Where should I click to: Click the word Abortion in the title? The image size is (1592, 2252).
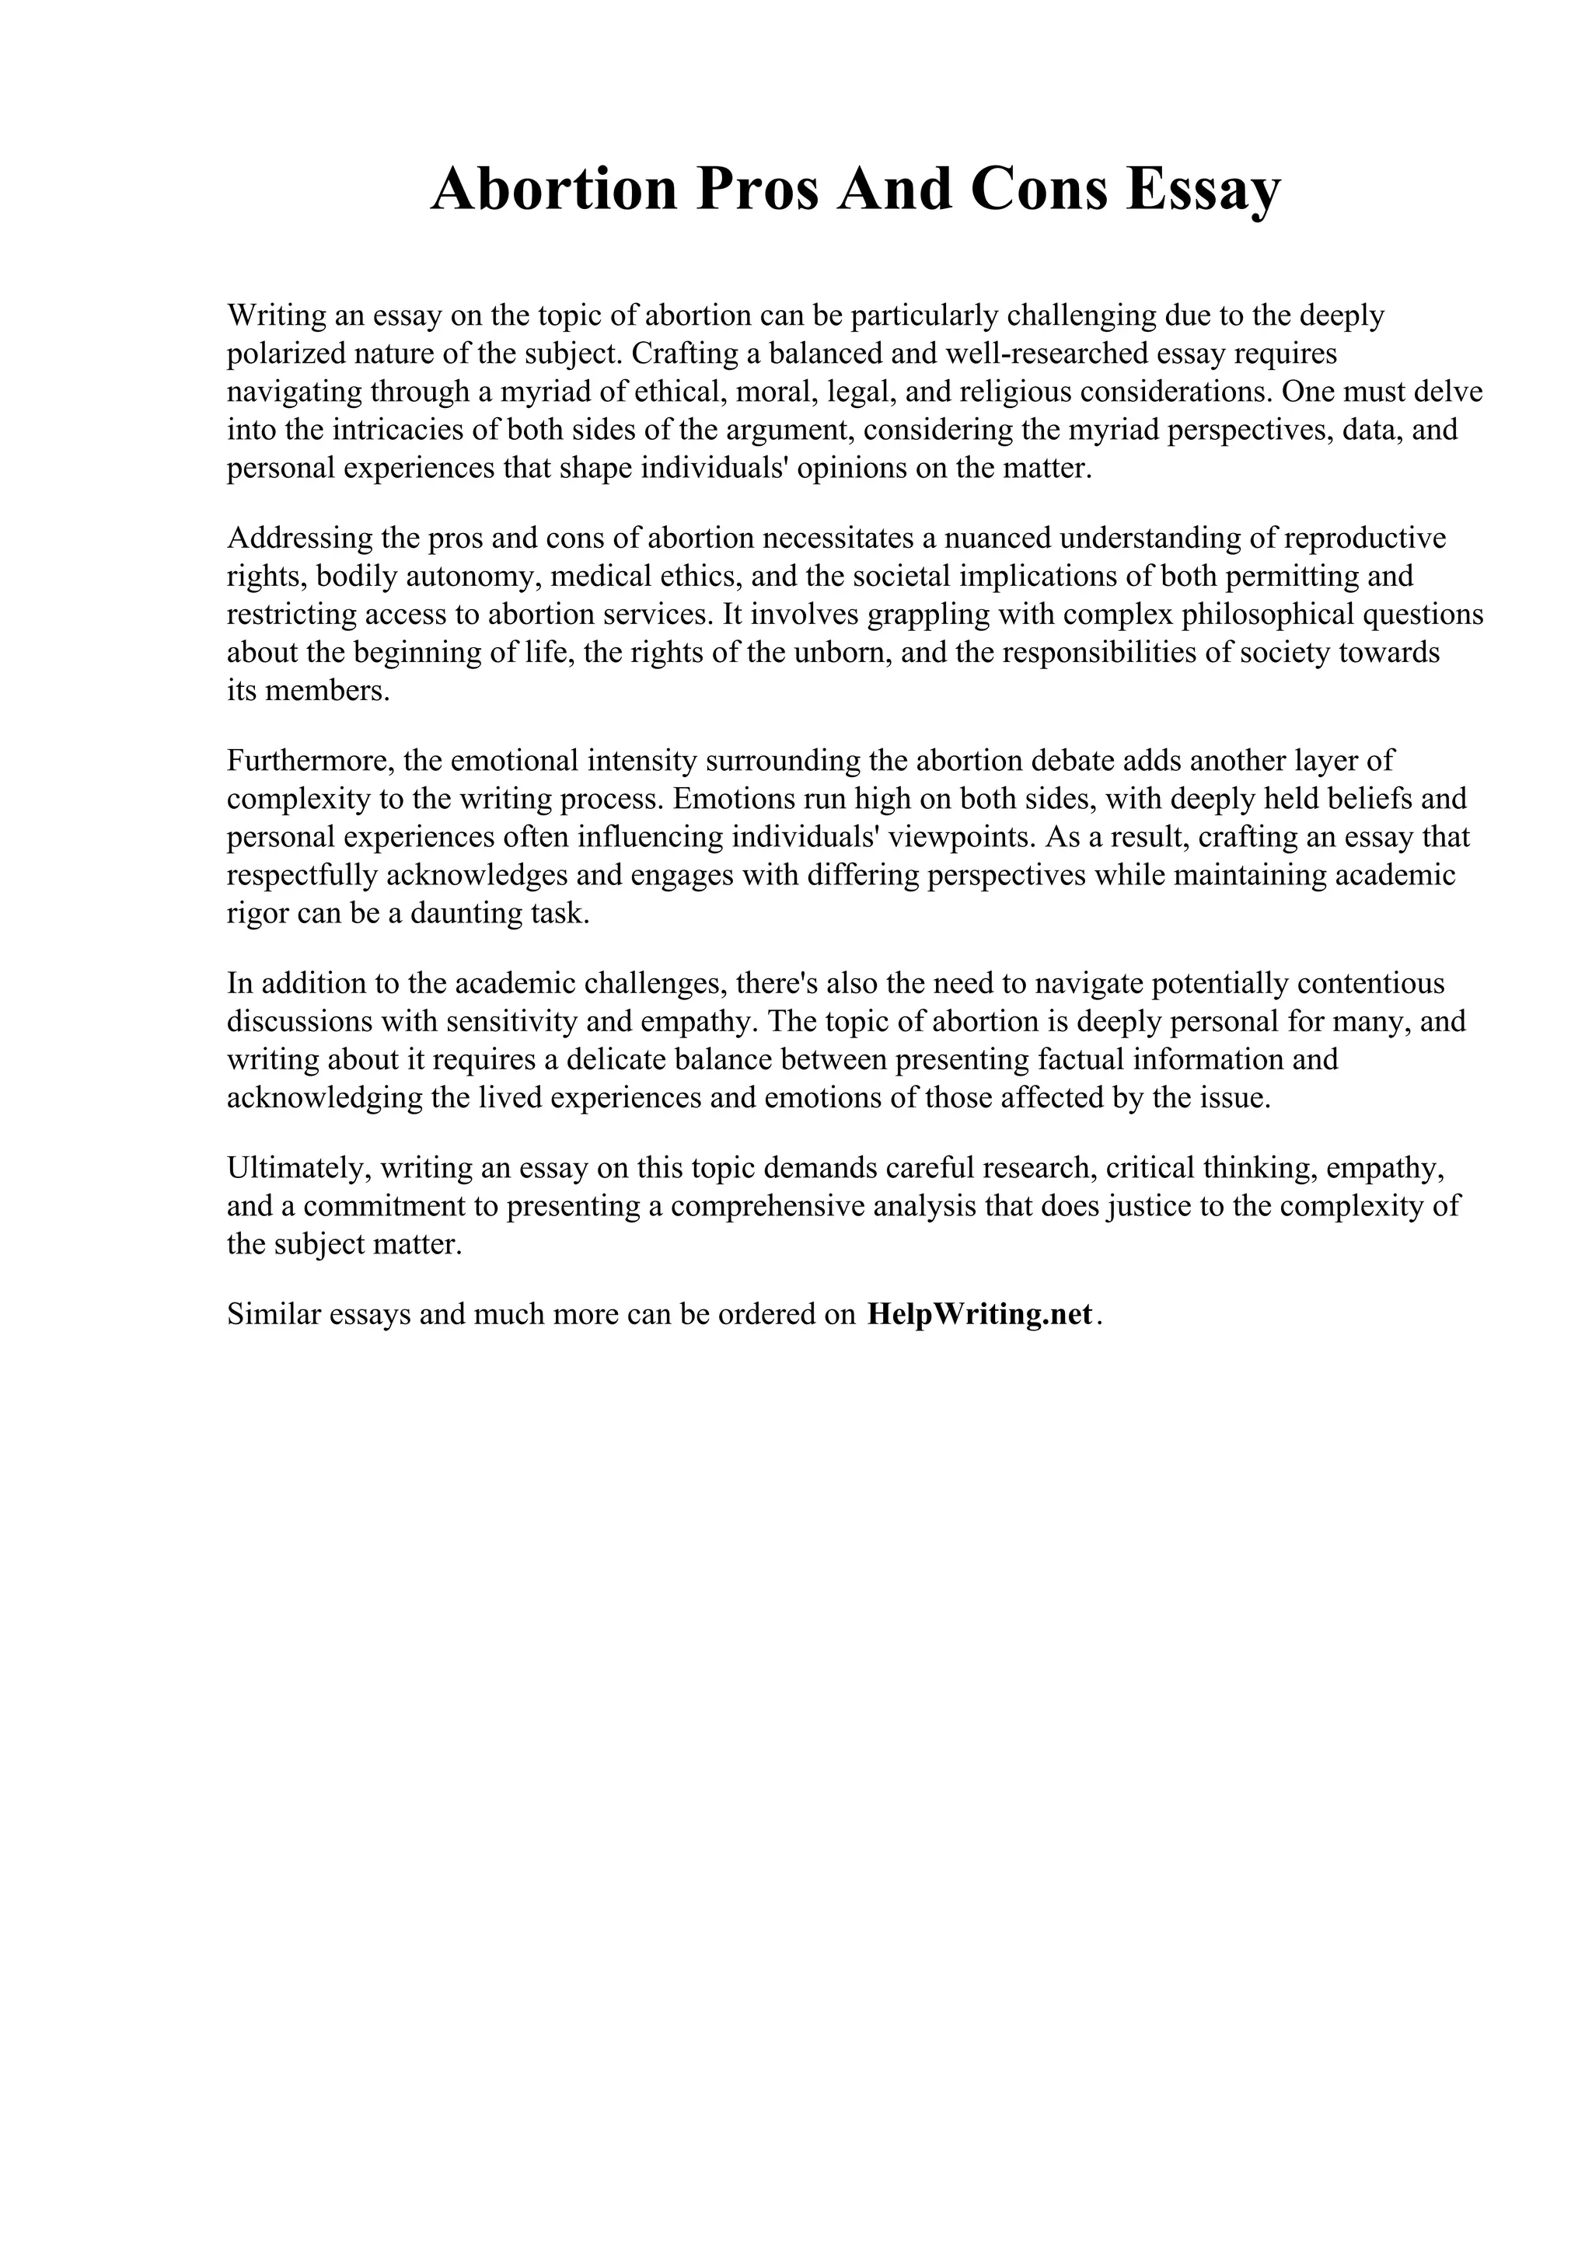(554, 190)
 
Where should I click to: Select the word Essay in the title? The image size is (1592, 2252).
(1203, 190)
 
